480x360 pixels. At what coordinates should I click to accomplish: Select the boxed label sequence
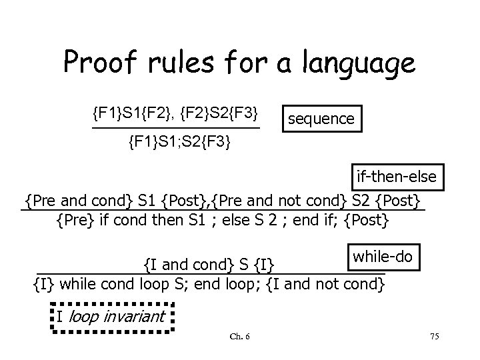point(321,119)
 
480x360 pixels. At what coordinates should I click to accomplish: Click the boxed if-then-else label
point(396,177)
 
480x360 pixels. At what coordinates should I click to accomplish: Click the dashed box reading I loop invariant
point(111,316)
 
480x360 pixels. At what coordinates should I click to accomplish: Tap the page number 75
point(434,335)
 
